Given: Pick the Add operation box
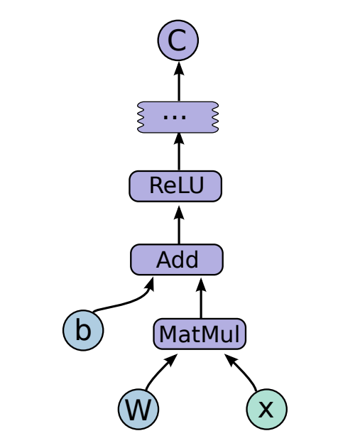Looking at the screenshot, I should point(177,259).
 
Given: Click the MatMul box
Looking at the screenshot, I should point(200,334).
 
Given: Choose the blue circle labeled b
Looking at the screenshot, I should point(83,331).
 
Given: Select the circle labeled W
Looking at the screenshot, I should point(138,409).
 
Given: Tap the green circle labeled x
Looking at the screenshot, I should point(266,409).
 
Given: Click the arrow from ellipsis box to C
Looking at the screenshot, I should point(178,82).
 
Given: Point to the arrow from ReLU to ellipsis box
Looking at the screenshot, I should point(178,151).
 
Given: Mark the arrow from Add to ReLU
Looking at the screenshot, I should point(178,224).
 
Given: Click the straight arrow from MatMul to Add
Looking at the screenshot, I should point(201,298).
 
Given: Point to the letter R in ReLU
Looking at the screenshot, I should point(156,186).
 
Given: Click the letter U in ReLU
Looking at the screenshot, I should point(196,186).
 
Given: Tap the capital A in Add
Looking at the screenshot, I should point(163,260).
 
